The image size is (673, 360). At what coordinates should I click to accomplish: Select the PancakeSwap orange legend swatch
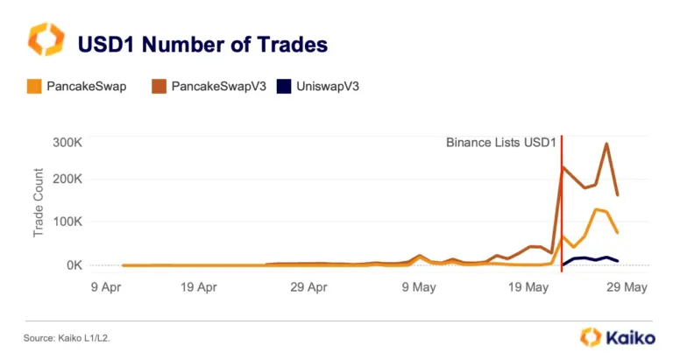(34, 87)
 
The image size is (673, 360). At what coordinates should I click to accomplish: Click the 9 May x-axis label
(419, 287)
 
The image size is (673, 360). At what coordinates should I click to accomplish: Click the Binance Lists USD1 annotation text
(501, 143)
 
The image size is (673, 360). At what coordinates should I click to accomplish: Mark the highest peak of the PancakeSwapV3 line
(606, 144)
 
